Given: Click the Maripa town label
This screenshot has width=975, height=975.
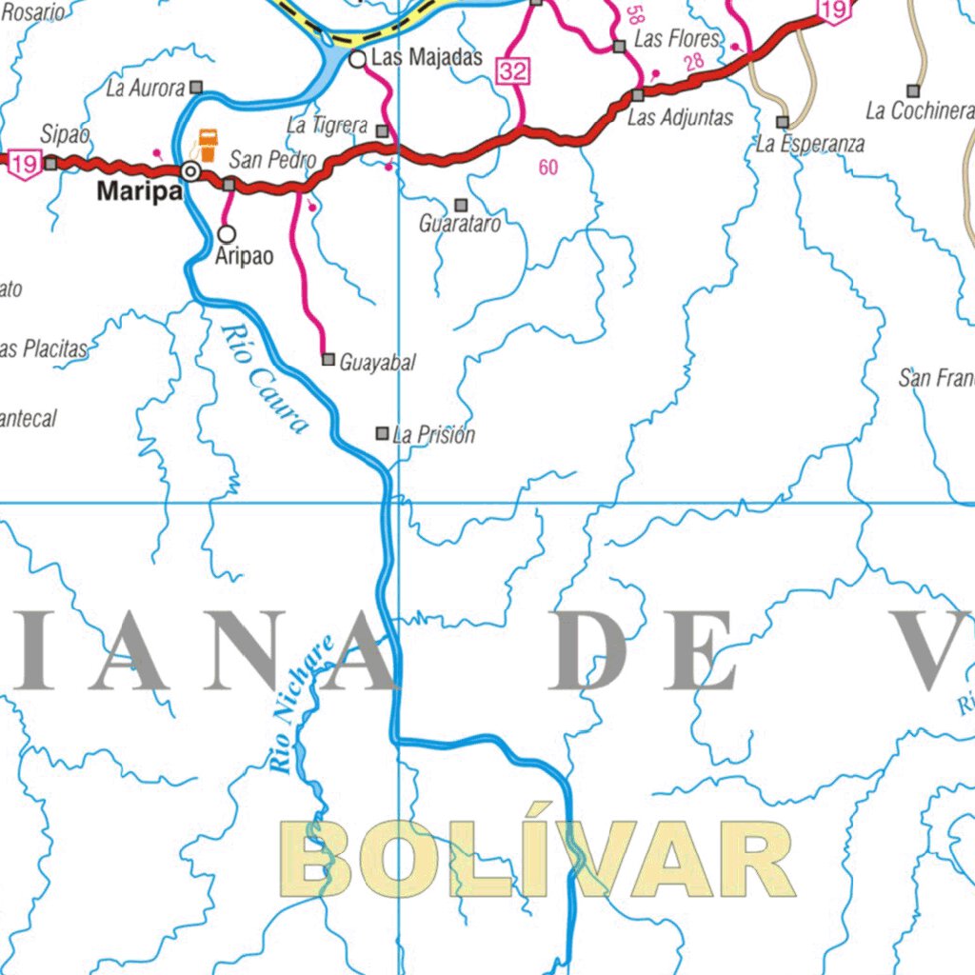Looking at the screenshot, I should [139, 192].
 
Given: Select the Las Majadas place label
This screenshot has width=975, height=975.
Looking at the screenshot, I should [427, 57].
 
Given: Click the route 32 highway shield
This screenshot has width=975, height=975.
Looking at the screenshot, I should [511, 70].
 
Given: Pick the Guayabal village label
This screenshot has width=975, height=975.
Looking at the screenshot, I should [377, 363].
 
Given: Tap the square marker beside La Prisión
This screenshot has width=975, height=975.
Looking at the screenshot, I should [382, 433].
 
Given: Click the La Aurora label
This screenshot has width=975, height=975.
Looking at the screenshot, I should [145, 90].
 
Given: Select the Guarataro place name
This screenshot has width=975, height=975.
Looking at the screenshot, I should [460, 226].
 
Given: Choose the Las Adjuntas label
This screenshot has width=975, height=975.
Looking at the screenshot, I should [680, 118].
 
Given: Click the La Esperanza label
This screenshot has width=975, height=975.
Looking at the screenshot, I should [810, 145].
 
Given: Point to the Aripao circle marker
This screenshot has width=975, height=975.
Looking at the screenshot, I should [227, 233].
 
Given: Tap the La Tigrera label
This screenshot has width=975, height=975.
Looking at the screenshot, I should [327, 126].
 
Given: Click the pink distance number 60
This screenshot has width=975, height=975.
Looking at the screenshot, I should [547, 169].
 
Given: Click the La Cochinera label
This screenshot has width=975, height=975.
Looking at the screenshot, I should [920, 111].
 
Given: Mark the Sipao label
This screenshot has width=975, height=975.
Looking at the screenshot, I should [65, 135].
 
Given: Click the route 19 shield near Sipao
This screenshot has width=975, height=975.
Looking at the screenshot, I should [25, 164].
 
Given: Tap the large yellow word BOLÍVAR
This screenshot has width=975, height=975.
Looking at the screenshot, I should [538, 860].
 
